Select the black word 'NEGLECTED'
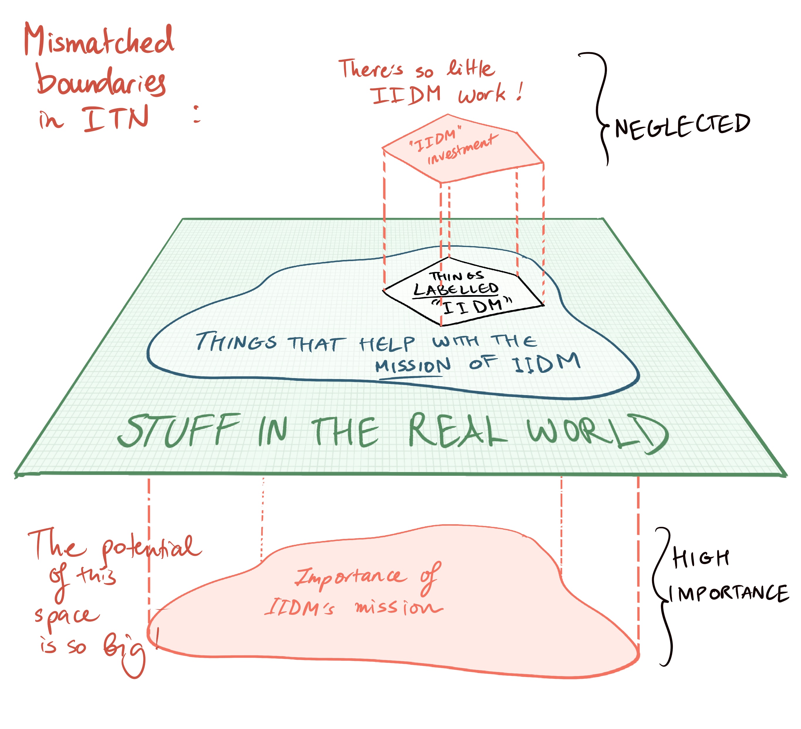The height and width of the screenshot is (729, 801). tap(682, 126)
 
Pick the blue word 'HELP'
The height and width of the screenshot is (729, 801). tap(387, 344)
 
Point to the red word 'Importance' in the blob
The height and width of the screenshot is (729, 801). tap(351, 576)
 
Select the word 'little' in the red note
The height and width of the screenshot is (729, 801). tap(471, 68)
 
